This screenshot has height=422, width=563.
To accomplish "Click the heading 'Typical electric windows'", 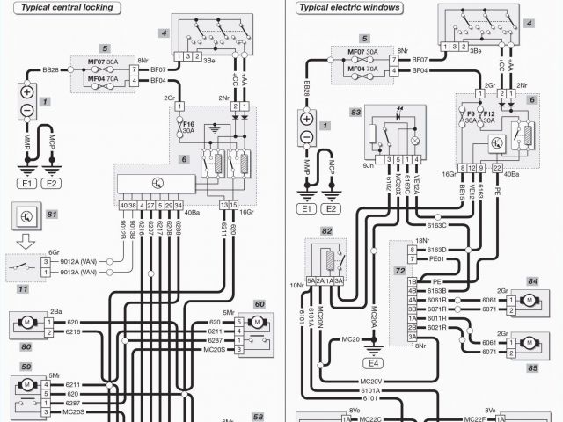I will [x=349, y=7].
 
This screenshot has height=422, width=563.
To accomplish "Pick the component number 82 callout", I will [x=327, y=230].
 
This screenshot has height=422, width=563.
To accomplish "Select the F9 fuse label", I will [x=470, y=114].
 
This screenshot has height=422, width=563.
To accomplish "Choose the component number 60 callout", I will [x=259, y=304].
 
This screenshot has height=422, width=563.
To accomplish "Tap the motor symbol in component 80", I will [x=26, y=325].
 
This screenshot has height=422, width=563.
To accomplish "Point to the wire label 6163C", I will [x=437, y=227].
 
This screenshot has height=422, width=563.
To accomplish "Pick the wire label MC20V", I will [x=370, y=382].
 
